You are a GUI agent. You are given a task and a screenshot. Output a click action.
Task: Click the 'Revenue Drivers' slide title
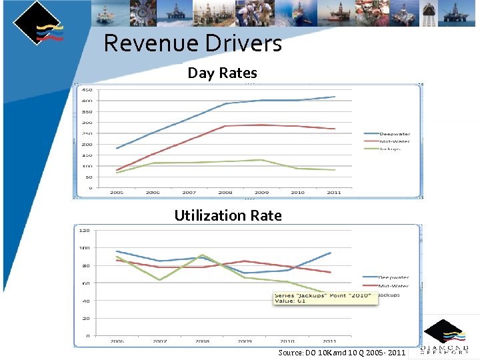point(193,44)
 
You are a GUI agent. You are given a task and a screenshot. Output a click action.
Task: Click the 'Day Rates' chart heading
point(222,73)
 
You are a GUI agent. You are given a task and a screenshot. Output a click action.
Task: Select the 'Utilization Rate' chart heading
point(227,215)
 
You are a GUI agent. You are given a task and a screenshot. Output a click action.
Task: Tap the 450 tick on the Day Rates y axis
point(87,90)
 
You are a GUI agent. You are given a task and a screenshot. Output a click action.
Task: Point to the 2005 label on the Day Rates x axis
point(117,193)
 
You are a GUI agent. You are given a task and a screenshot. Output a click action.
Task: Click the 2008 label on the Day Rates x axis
point(225,193)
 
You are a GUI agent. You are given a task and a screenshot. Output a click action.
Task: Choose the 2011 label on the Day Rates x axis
point(333,193)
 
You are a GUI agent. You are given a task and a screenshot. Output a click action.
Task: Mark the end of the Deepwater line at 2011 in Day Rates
point(335,97)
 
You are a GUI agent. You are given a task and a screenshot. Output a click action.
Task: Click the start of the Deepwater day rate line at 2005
point(117,148)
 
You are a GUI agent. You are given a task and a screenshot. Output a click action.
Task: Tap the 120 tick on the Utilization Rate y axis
point(85,231)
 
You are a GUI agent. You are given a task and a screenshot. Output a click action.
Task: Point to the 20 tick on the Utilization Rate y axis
point(86,319)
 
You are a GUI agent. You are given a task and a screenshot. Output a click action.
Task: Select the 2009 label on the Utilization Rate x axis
point(245,341)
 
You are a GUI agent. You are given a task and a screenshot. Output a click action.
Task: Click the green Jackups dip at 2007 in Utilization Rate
point(159,279)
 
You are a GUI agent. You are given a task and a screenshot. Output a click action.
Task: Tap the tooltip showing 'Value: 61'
point(325,298)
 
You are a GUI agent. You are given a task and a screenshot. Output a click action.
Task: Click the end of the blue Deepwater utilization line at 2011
point(330,253)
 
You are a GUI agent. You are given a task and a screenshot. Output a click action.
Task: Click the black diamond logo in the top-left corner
point(37,23)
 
